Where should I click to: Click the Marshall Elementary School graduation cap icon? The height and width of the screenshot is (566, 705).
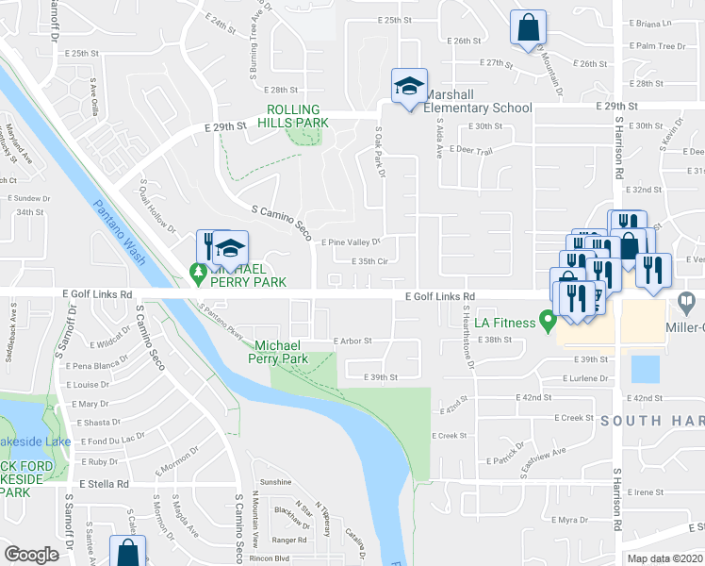pyautogui.click(x=409, y=87)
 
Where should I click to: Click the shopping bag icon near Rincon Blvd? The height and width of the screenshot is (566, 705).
pyautogui.click(x=127, y=553)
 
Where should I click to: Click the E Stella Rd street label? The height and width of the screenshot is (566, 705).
pyautogui.click(x=103, y=483)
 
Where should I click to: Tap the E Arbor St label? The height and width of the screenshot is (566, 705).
pyautogui.click(x=352, y=341)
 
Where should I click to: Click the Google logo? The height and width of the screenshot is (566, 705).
pyautogui.click(x=31, y=555)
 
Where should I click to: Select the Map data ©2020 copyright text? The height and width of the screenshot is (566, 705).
pyautogui.click(x=664, y=558)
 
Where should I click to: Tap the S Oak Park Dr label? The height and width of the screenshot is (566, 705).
pyautogui.click(x=381, y=153)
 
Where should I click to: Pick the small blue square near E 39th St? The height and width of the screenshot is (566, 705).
pyautogui.click(x=644, y=368)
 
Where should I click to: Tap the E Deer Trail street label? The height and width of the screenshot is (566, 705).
pyautogui.click(x=472, y=150)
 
